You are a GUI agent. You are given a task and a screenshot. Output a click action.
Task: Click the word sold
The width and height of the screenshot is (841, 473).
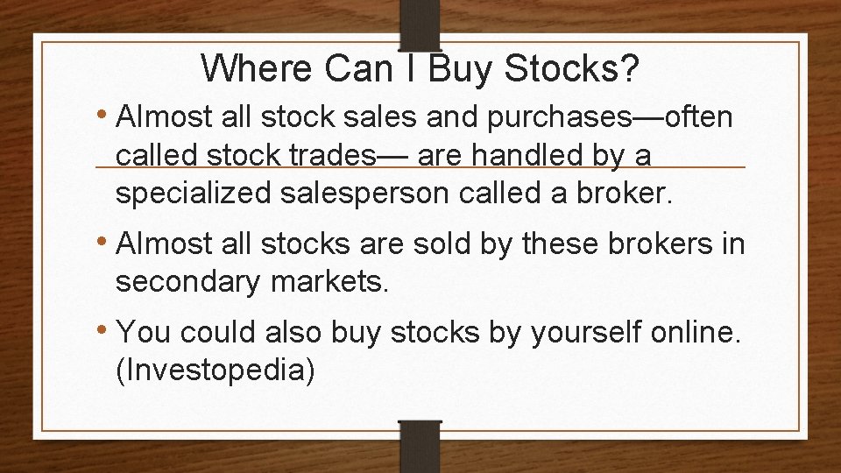click(447, 244)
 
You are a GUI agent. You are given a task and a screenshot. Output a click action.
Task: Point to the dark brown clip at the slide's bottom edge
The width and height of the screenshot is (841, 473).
click(419, 446)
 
